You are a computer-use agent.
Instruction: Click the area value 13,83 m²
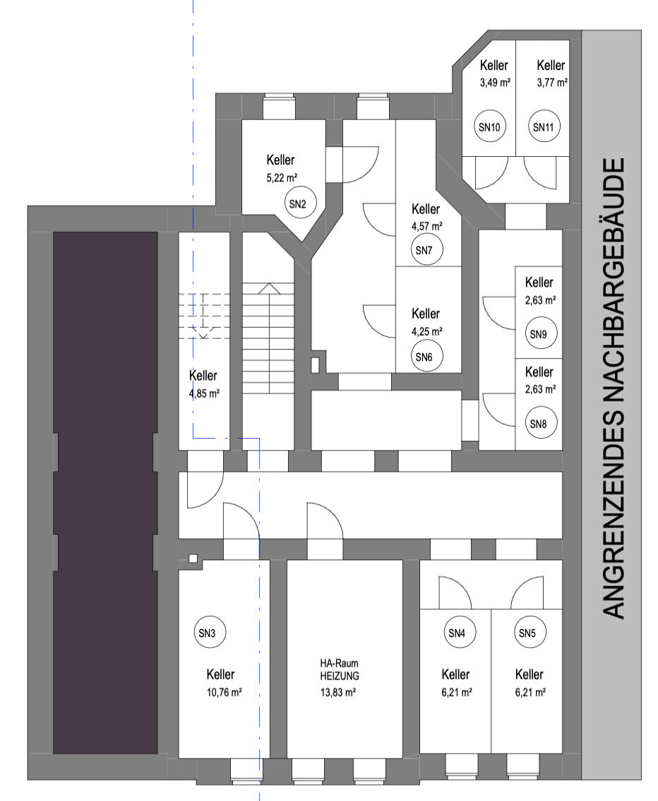click(x=338, y=692)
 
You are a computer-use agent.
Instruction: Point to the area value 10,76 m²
click(x=224, y=692)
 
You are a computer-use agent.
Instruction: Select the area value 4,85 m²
click(x=204, y=393)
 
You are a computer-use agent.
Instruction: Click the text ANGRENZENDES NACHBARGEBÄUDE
click(x=613, y=388)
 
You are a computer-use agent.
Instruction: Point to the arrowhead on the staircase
click(x=268, y=288)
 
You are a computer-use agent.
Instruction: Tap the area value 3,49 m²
click(x=495, y=82)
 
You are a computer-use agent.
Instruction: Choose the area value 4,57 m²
click(x=426, y=226)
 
